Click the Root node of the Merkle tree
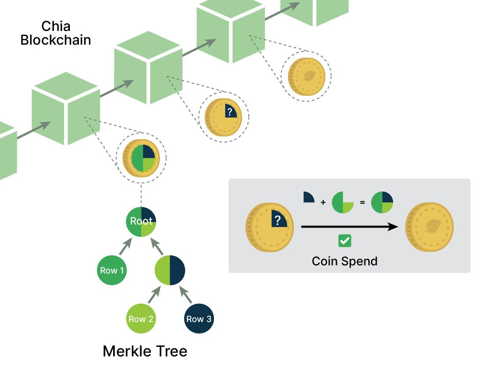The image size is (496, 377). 141,222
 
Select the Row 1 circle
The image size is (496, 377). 112,271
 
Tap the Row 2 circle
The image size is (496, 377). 141,319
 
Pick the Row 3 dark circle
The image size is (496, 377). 199,319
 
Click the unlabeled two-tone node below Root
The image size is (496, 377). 170,271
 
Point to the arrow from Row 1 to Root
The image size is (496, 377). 125,247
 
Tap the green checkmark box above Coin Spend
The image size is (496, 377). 345,241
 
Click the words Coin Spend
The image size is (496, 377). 345,261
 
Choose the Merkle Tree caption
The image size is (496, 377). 145,351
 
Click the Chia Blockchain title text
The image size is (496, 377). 56,33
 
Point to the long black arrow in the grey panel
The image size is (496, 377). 349,227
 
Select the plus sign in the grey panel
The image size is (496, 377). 323,202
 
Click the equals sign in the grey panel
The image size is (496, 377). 362,202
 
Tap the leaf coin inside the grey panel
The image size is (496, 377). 429,228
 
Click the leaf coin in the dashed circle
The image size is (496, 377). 306,76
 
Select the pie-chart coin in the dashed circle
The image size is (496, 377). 141,158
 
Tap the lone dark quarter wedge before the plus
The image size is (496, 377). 308,198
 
